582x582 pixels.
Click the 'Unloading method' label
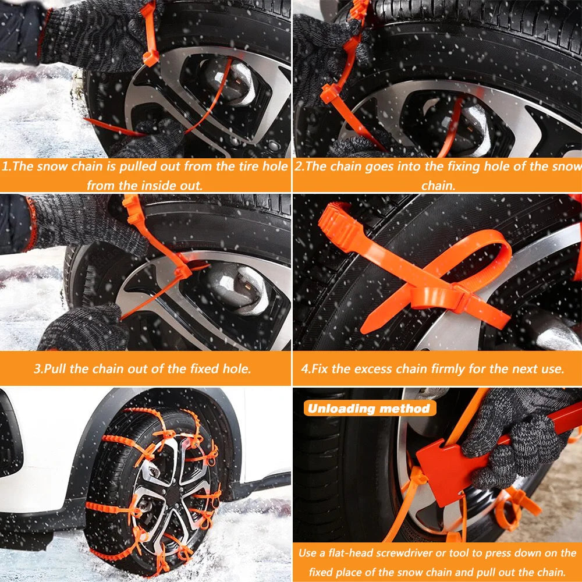coord(369,408)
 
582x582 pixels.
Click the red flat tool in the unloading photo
coord(448,466)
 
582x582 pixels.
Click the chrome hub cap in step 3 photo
coord(236,285)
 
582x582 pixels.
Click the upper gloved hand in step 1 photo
coord(93,35)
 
